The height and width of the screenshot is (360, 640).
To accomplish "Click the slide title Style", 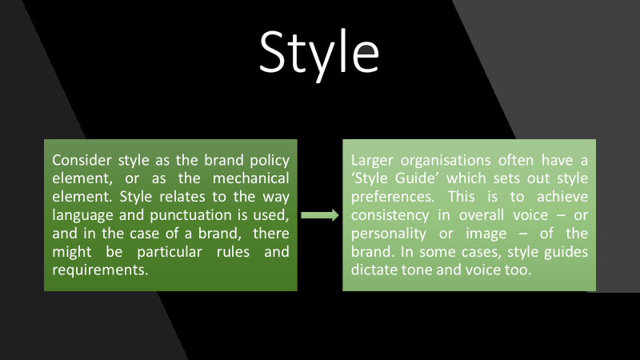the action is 319,54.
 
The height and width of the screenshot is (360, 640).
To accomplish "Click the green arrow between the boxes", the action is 319,215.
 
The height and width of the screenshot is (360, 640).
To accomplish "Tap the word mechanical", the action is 250,178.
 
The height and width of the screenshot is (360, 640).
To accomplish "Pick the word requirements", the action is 100,270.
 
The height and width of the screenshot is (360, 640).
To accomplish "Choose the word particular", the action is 170,252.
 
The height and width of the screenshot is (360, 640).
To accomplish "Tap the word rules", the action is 233,252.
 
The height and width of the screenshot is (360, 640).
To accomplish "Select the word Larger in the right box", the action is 372,160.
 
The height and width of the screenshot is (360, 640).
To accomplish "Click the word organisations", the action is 446,160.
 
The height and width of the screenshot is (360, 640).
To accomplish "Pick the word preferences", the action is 393,197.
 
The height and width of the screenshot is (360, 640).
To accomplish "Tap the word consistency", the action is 390,215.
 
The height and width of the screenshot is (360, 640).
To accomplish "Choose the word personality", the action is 389,234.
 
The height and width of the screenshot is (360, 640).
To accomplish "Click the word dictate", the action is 374,270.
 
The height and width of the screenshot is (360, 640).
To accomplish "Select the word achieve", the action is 562,197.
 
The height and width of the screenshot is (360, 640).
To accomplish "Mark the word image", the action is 486,234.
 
